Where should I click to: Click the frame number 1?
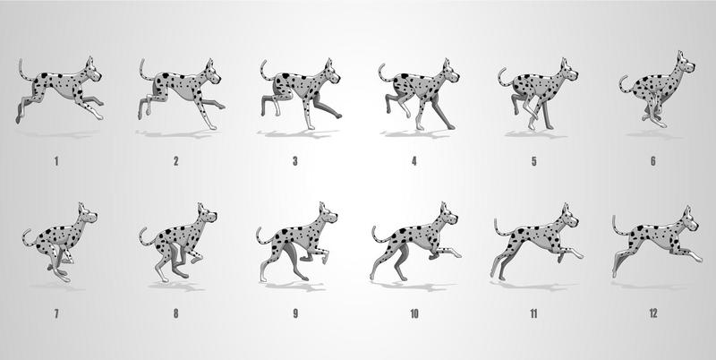pyautogui.click(x=57, y=161)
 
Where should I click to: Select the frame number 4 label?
pyautogui.click(x=413, y=161)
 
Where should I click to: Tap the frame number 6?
pyautogui.click(x=652, y=161)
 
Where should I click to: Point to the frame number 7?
pyautogui.click(x=57, y=314)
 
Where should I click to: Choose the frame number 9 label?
pyautogui.click(x=294, y=314)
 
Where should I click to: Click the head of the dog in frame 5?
pyautogui.click(x=566, y=72)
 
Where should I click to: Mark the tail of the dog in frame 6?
pyautogui.click(x=623, y=83)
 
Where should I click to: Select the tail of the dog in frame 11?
pyautogui.click(x=499, y=227)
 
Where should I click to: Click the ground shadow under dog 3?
pyautogui.click(x=294, y=134)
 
